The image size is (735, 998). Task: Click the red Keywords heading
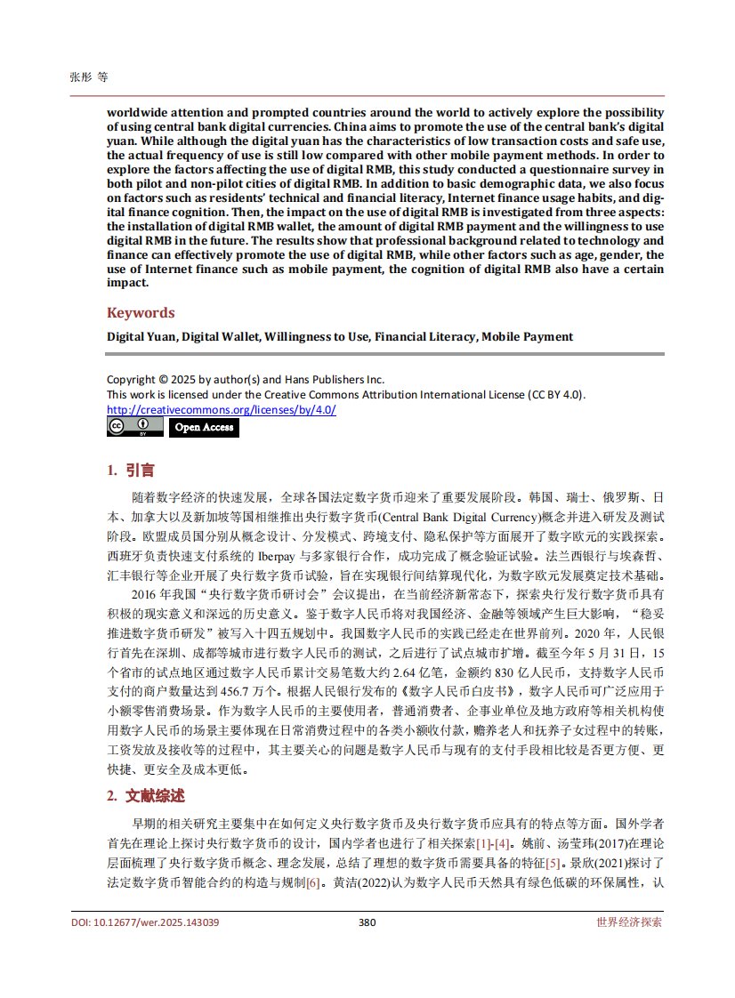[141, 313]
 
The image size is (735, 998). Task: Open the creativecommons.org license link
[221, 409]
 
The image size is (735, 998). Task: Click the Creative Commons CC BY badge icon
[135, 427]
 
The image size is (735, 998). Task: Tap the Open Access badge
[204, 427]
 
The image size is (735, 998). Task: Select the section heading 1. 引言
[131, 471]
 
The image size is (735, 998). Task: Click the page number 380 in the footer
[367, 922]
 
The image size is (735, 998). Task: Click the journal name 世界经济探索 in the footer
[629, 922]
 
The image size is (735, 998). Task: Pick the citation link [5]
[553, 863]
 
